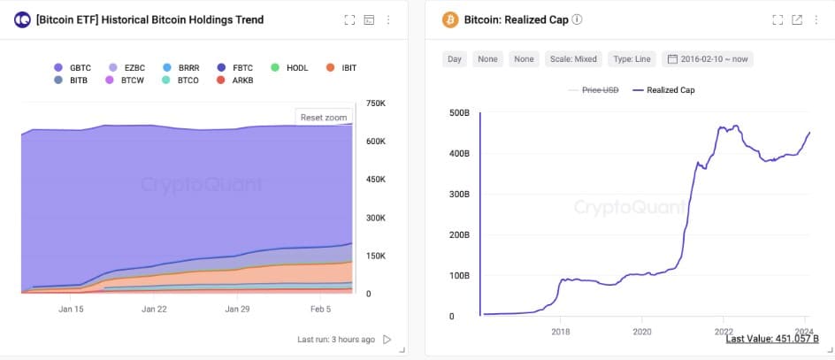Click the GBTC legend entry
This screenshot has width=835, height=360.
(73, 67)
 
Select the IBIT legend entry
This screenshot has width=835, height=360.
(341, 67)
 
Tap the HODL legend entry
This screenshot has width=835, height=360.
(289, 67)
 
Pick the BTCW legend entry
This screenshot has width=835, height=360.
(125, 80)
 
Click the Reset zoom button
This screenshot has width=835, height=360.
(324, 118)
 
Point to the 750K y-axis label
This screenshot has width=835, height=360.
(375, 103)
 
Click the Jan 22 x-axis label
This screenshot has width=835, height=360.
(154, 309)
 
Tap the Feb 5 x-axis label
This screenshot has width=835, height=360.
(319, 309)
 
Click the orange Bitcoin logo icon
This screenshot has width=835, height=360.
(449, 19)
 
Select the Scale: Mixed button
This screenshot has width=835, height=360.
(573, 59)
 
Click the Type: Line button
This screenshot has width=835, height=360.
(632, 59)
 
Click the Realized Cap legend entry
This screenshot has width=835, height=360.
(670, 89)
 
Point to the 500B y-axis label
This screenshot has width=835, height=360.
(460, 113)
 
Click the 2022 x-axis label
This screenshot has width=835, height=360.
(723, 332)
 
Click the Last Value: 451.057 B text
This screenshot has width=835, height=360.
(772, 339)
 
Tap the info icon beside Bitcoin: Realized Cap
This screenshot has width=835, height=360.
(577, 19)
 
